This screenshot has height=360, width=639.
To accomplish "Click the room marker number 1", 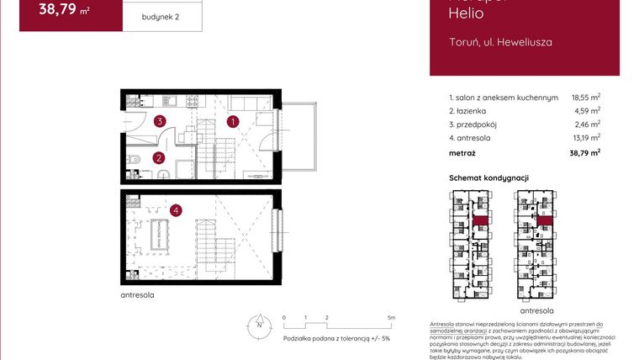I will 233,121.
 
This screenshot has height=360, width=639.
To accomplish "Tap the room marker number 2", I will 157,157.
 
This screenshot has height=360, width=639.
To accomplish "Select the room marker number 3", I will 159,122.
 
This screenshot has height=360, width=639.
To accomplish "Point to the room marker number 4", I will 175,210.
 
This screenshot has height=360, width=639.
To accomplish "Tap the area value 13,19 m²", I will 586,138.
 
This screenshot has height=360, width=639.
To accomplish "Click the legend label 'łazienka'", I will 468,111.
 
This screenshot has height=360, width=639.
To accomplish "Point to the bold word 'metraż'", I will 462,153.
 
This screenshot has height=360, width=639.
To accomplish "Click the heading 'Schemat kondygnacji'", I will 488,177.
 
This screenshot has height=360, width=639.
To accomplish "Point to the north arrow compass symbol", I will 260,324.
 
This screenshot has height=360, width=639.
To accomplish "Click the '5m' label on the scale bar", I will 392,318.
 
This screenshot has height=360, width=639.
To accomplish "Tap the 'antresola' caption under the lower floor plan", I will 137,296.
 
